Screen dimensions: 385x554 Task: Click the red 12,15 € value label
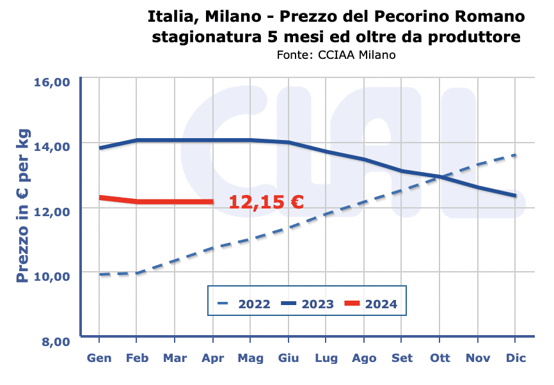pyautogui.click(x=266, y=202)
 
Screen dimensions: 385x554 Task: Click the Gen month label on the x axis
pyautogui.click(x=99, y=358)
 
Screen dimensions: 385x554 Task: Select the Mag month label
pyautogui.click(x=250, y=358)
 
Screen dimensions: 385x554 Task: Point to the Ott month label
pyautogui.click(x=439, y=358)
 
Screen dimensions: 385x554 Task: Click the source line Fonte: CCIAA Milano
pyautogui.click(x=336, y=55)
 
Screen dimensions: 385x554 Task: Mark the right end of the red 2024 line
pyautogui.click(x=212, y=202)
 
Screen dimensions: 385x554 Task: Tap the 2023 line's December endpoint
pyautogui.click(x=515, y=196)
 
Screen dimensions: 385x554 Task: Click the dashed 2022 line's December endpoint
pyautogui.click(x=515, y=155)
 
